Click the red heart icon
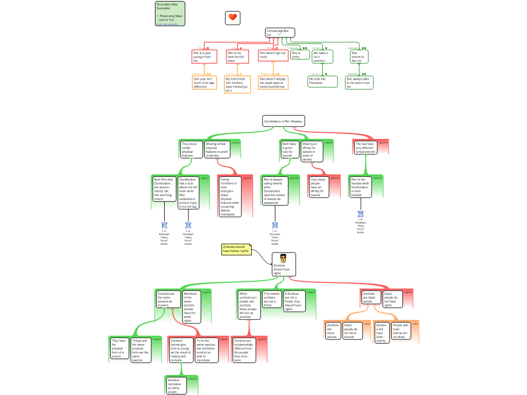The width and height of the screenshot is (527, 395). [233, 18]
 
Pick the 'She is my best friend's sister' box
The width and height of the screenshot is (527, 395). [237, 56]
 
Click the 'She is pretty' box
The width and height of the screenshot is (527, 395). [300, 55]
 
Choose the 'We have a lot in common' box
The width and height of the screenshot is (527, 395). [322, 56]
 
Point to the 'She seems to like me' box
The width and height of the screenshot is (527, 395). [359, 56]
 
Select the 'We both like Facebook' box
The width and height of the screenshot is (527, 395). [323, 81]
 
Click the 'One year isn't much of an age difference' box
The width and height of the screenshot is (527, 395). [204, 83]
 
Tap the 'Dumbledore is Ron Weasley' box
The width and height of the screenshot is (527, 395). [284, 121]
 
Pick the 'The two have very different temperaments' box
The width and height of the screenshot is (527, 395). [365, 148]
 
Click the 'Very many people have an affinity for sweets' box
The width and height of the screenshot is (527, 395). [319, 187]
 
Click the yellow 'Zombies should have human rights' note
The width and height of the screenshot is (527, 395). [236, 249]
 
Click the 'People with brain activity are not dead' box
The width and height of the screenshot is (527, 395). [400, 331]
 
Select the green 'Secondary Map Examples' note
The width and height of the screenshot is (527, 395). [170, 13]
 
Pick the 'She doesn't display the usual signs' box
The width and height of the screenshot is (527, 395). [273, 83]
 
